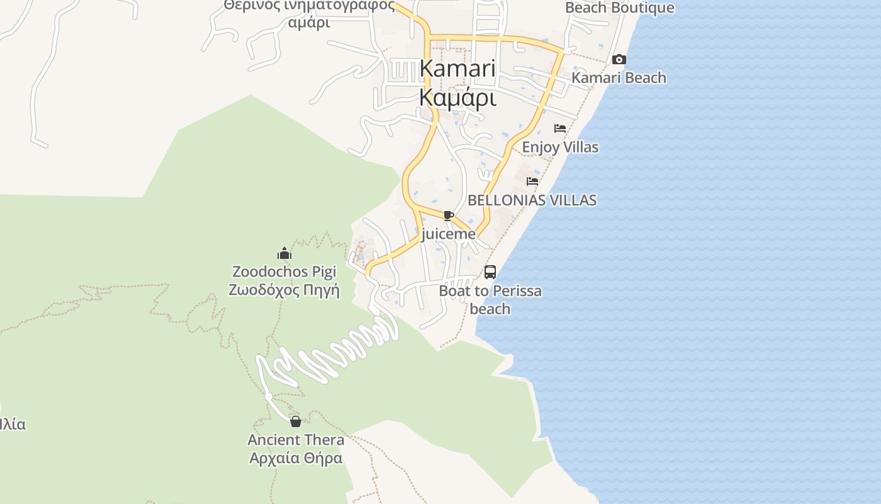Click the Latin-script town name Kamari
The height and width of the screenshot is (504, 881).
[457, 69]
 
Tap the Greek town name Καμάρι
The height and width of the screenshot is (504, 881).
[457, 98]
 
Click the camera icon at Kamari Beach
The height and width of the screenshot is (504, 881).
[619, 59]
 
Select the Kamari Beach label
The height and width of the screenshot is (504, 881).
[619, 78]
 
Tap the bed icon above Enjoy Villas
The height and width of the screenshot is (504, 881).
[560, 129]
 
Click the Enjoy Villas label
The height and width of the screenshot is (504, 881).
[560, 147]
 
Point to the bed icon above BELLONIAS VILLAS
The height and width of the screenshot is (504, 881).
[532, 181]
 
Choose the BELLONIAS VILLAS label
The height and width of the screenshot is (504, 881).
[532, 200]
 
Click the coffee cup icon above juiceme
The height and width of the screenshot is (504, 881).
[448, 216]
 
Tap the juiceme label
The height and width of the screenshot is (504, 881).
[448, 234]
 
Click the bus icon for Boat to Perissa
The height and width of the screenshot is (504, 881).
[490, 272]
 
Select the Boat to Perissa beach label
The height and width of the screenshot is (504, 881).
[490, 300]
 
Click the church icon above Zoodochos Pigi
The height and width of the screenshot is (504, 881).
[284, 253]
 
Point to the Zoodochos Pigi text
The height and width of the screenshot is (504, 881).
[284, 272]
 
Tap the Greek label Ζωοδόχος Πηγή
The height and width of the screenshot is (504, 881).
[284, 290]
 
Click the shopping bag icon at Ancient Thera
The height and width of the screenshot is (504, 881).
[296, 421]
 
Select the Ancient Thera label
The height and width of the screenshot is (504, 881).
[296, 440]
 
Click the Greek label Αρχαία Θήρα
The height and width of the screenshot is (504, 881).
[296, 458]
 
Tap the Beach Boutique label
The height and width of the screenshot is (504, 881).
[619, 8]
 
